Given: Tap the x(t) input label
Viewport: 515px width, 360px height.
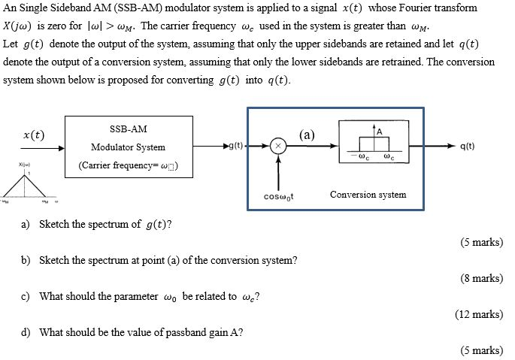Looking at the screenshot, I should click(x=33, y=135).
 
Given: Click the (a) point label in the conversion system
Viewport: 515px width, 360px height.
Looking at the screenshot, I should click(x=307, y=135).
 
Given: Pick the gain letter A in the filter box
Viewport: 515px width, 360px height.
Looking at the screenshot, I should click(x=380, y=132).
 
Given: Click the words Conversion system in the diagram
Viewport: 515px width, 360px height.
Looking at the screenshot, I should click(x=368, y=195).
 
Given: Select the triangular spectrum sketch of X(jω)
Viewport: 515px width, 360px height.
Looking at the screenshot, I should click(x=31, y=184).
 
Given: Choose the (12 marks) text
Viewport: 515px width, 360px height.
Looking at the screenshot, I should click(x=478, y=314).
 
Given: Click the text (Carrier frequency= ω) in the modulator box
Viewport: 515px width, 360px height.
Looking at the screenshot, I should click(x=128, y=166).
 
